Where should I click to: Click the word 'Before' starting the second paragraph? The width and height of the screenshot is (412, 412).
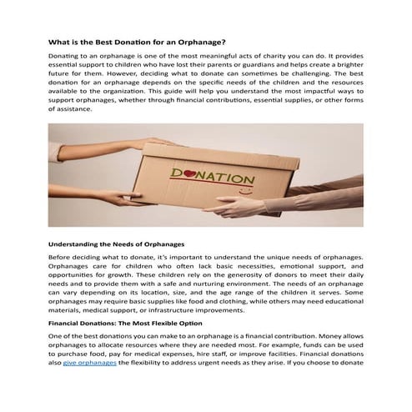click(63, 259)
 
